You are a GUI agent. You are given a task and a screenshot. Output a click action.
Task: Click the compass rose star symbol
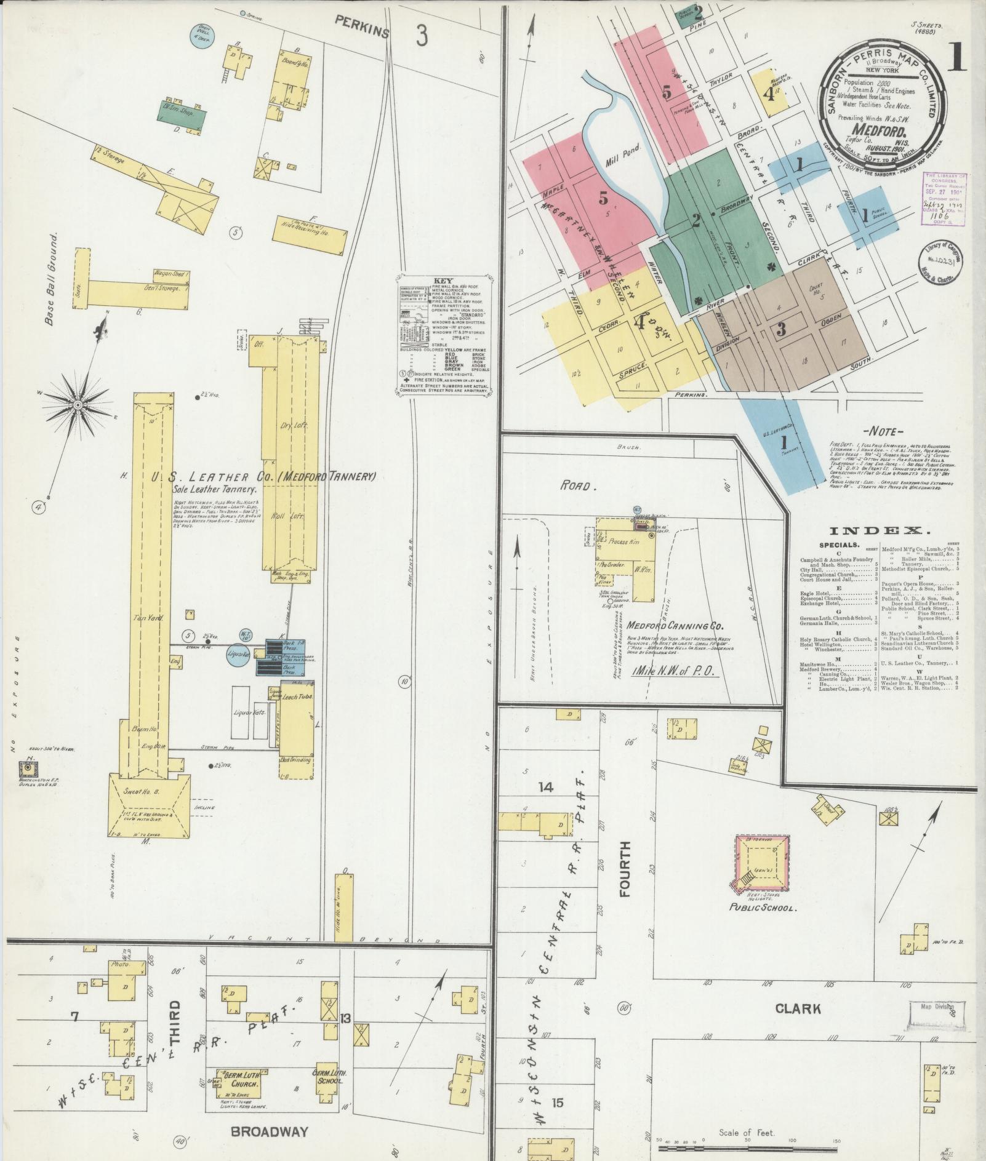pos(78,404)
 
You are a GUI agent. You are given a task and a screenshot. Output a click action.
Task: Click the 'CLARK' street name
pos(798,1008)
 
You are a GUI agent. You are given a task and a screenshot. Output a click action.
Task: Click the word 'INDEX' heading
pos(880,531)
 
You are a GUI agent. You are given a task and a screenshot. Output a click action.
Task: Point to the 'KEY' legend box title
pos(443,281)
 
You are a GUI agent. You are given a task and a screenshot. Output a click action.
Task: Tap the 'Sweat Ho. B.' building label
pos(143,791)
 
